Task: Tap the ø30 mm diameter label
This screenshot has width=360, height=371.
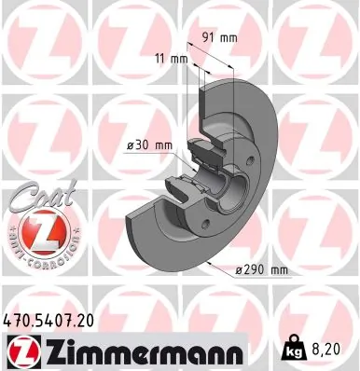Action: click(149, 144)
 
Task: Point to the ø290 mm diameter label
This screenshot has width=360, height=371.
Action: click(260, 269)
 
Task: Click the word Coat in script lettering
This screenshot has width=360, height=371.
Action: click(35, 198)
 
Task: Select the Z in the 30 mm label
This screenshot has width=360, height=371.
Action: click(130, 144)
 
